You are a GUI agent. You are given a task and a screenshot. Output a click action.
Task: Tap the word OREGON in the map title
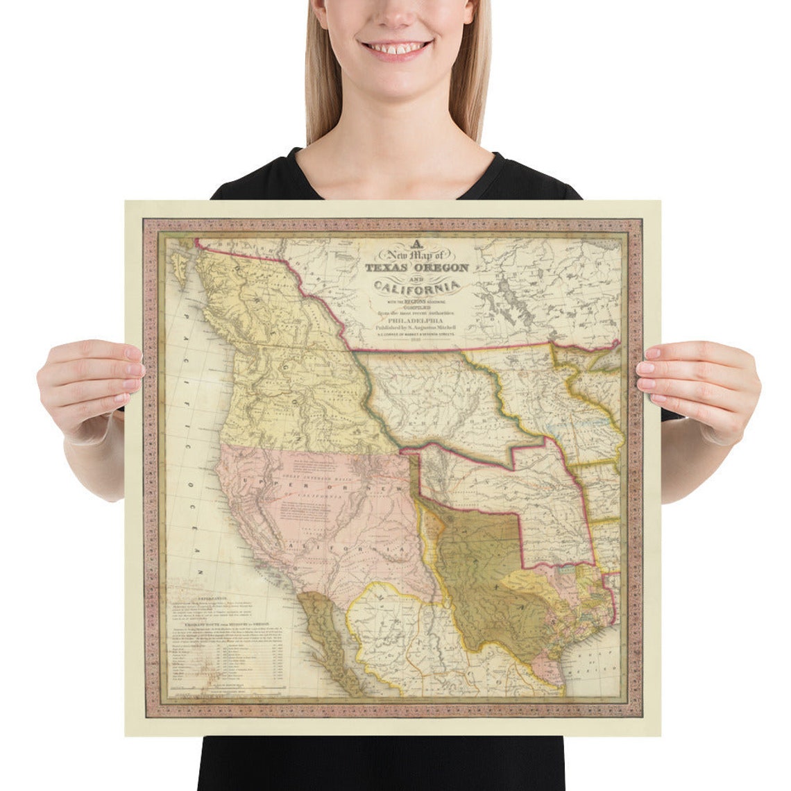pyautogui.click(x=442, y=268)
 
